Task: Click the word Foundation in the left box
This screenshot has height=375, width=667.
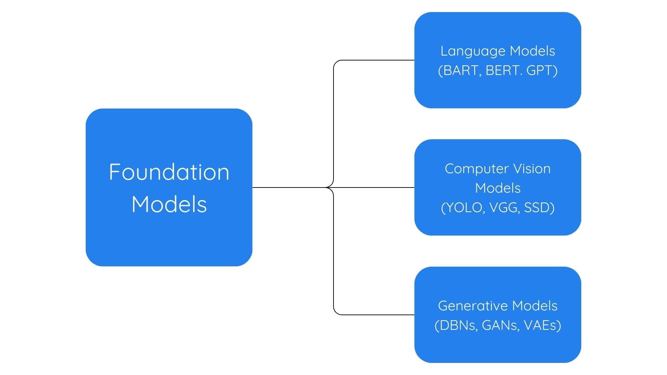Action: pyautogui.click(x=169, y=172)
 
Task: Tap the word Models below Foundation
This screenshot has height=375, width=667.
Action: pyautogui.click(x=169, y=204)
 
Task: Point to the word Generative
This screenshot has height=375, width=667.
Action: pyautogui.click(x=472, y=306)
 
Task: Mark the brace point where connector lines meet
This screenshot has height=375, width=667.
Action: pyautogui.click(x=327, y=187)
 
